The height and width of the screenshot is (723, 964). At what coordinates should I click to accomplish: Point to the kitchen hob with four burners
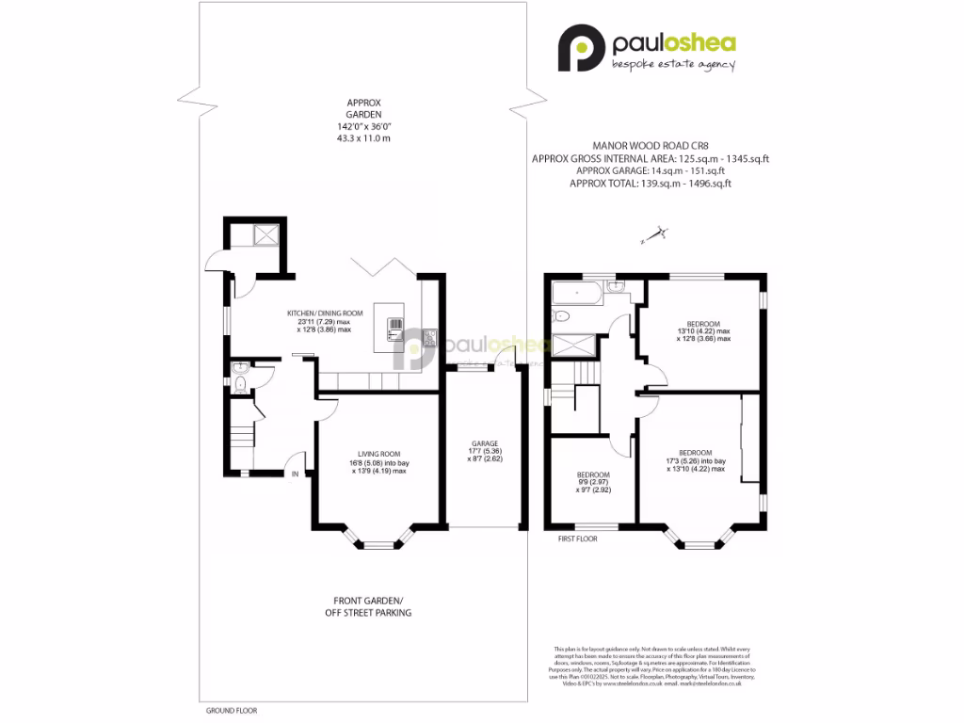[430, 333]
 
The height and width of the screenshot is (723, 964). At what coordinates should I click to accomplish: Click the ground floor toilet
[240, 381]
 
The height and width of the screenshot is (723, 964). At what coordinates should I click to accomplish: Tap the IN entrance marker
[295, 474]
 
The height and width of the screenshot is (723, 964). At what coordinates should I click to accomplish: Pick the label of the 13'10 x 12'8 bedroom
[703, 331]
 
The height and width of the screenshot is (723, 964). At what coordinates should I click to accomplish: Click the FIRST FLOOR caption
[578, 539]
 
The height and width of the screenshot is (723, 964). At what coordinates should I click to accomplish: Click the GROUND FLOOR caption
[231, 711]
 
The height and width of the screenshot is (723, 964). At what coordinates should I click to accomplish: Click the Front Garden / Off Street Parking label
[372, 606]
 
